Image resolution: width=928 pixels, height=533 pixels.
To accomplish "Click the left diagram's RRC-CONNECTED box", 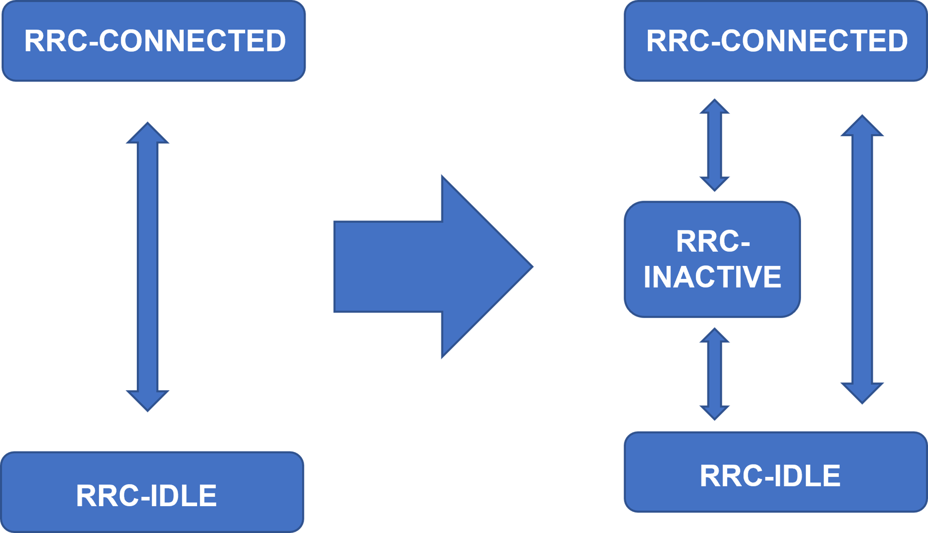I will pos(154,41).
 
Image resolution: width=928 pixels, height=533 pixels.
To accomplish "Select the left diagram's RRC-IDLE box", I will pos(152,492).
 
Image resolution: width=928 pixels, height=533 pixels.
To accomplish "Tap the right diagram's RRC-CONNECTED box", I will pos(776,41).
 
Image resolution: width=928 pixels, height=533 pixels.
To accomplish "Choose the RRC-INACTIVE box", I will pos(712,259).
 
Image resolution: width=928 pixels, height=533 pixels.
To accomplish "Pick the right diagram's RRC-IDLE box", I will pos(776,472).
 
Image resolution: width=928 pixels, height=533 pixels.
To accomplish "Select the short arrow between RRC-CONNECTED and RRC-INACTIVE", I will pos(714,145).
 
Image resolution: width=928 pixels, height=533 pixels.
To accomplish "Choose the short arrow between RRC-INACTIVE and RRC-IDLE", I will pos(714,374).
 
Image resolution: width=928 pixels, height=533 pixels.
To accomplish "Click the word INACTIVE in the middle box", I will pos(712,277).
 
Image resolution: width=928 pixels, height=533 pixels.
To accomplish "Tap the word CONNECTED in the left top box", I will pos(192,41).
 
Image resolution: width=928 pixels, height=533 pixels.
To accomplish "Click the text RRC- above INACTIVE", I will pos(712,241).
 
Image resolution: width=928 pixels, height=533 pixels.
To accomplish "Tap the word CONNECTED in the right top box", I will pos(814,41).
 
